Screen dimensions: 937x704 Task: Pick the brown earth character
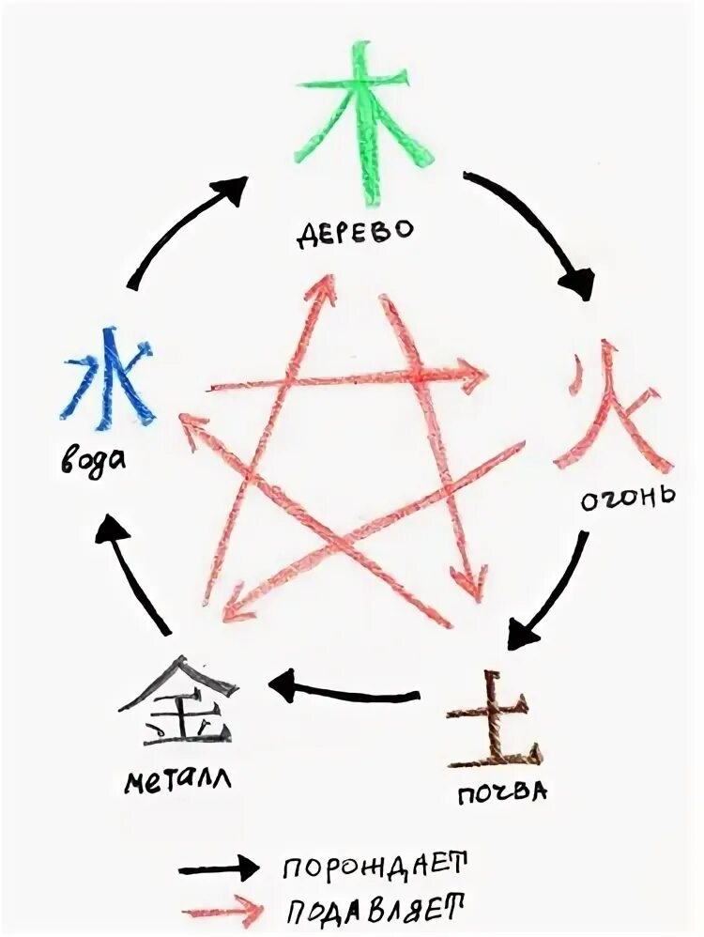[494, 721]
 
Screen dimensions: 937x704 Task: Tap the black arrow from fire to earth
[548, 591]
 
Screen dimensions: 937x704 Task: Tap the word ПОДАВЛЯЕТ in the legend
[375, 908]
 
